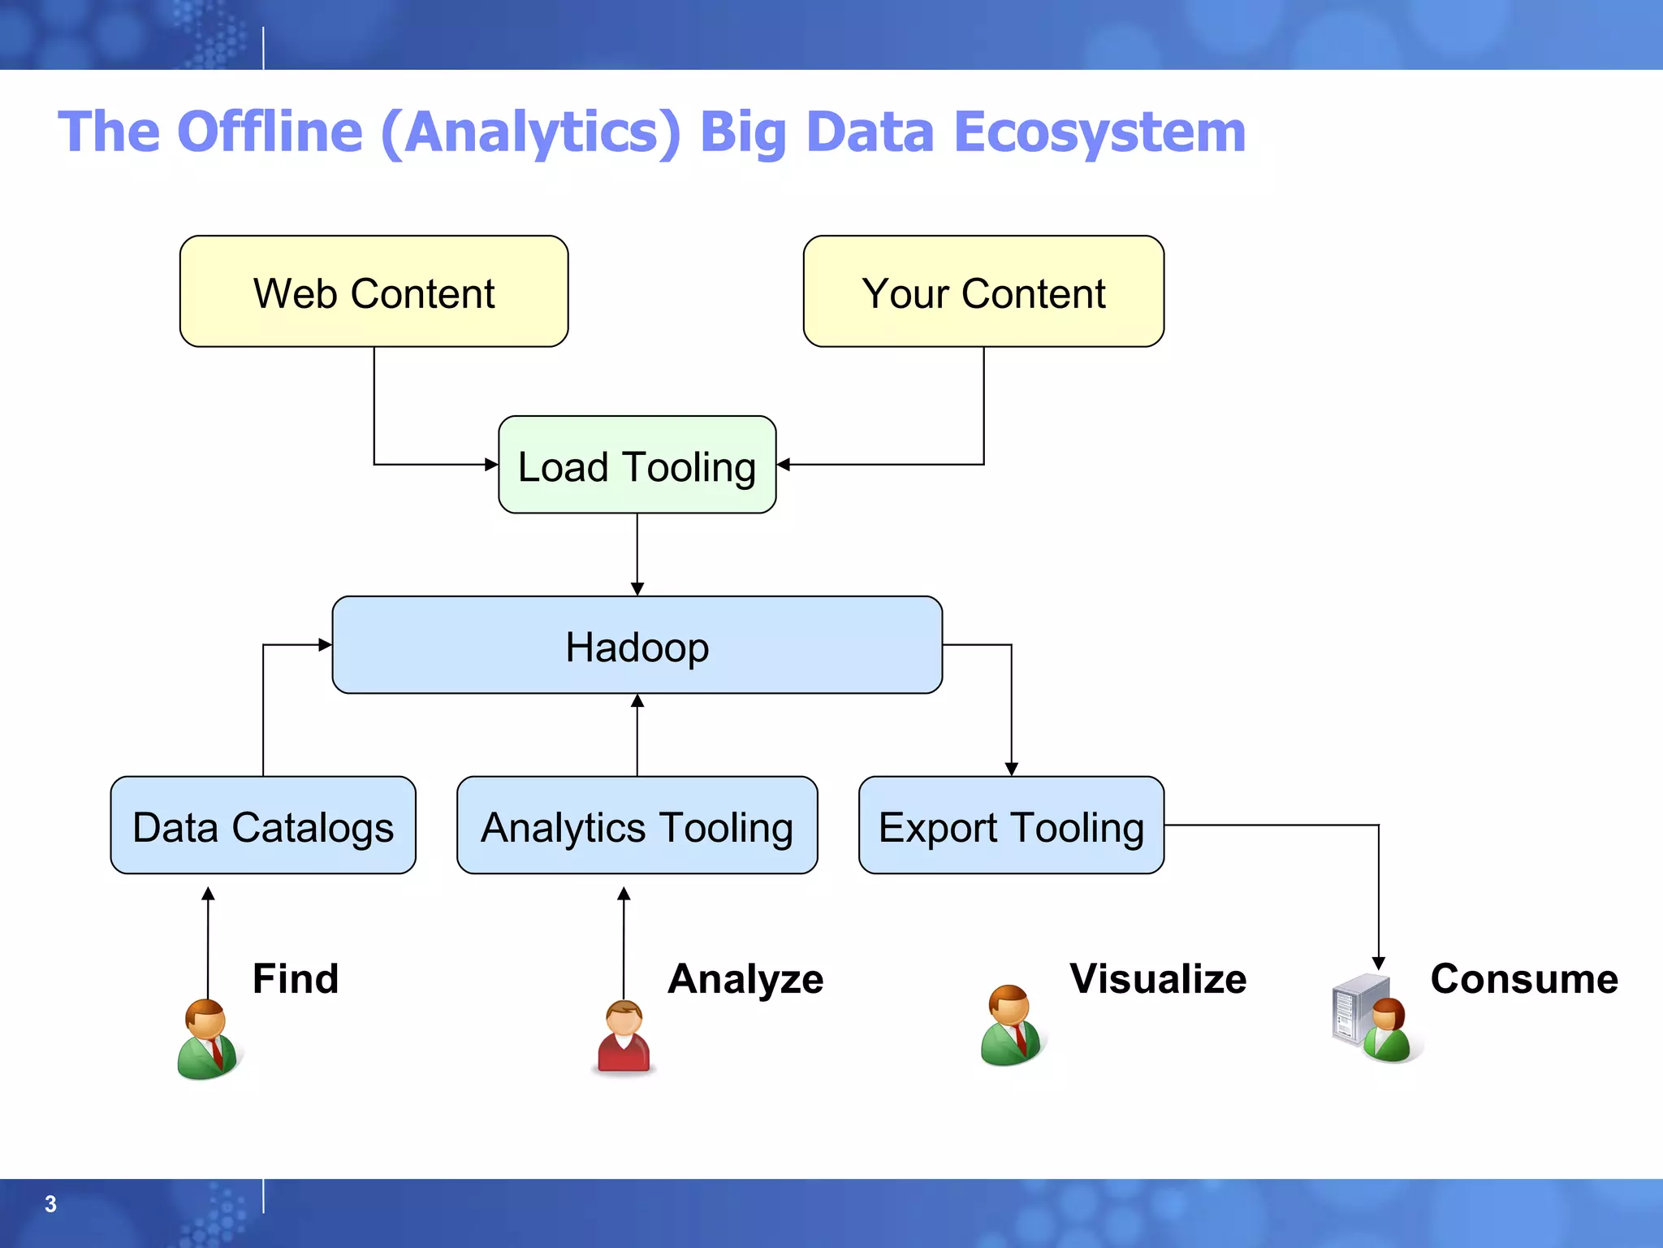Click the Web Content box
coord(374,292)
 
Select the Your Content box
coord(983,292)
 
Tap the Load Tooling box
coord(637,465)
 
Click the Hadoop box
coord(637,645)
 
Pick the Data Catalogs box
coord(263,825)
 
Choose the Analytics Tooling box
coord(637,825)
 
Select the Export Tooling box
coord(1011,825)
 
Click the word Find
coord(296,978)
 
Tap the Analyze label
coord(745,978)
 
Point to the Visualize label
coord(1158,978)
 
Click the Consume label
coord(1524,978)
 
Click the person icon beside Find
coord(208,1040)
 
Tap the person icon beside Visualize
coord(1011,1025)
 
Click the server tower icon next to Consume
coord(1351,1009)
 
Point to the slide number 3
coord(50,1204)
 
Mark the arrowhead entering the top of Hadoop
coord(637,589)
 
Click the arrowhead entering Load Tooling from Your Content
coord(784,465)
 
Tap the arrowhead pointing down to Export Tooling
coord(1011,769)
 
